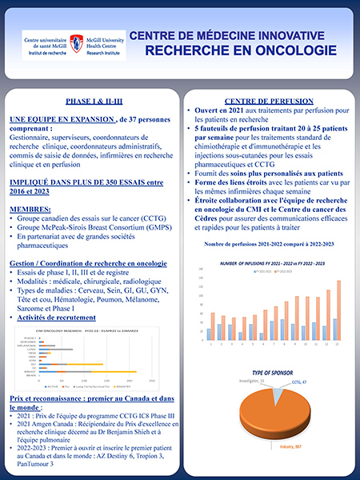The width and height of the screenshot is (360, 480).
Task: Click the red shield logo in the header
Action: coord(76,42)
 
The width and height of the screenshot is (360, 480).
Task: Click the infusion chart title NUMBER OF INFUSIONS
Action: coord(272,262)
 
